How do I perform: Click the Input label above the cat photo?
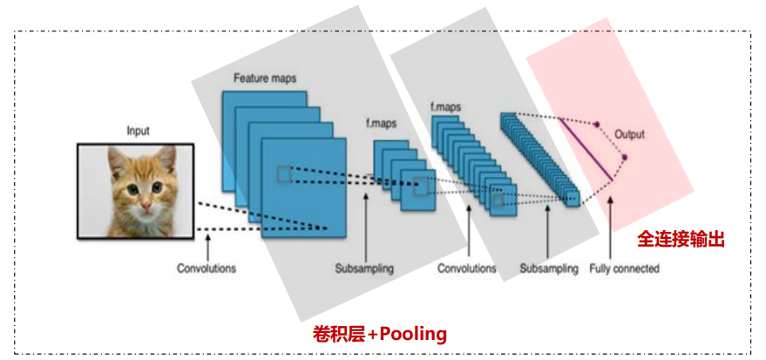click(x=138, y=131)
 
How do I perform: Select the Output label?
click(x=629, y=134)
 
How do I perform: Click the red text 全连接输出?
click(x=681, y=239)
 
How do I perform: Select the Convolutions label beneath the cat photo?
click(x=206, y=268)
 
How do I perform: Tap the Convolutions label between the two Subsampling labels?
click(x=466, y=268)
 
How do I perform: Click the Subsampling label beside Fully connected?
click(x=548, y=268)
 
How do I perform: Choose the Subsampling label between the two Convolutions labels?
click(x=364, y=268)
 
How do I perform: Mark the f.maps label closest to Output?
click(x=445, y=107)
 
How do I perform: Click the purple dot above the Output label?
click(x=597, y=125)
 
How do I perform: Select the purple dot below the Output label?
click(x=624, y=158)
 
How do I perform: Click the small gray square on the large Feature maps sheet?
click(x=284, y=174)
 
